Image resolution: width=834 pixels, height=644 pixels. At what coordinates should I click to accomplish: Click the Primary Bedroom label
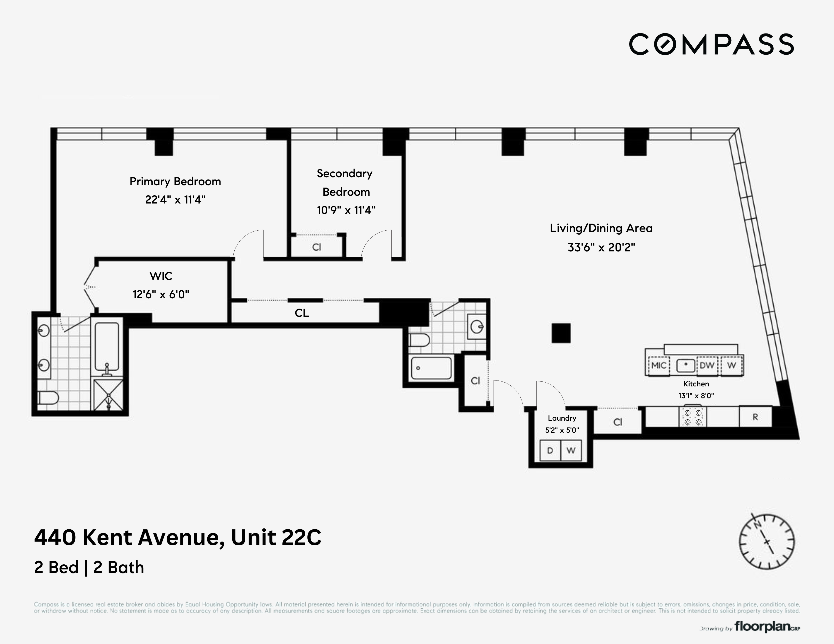pos(175,182)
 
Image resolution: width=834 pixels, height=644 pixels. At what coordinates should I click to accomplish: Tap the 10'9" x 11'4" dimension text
pos(346,210)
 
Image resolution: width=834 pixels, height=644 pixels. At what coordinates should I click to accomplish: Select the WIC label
pos(161,276)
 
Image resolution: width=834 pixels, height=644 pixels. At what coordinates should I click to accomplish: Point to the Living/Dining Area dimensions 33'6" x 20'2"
pos(601,248)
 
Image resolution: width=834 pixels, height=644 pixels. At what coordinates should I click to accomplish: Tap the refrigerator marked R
pos(755,417)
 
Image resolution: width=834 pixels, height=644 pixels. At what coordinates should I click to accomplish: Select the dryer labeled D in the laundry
pos(550,451)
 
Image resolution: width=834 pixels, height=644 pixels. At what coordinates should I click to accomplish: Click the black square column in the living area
pos(561,333)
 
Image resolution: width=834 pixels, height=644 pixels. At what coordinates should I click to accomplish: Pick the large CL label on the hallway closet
pos(302,313)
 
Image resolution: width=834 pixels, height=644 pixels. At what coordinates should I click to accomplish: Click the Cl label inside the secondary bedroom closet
pos(317,247)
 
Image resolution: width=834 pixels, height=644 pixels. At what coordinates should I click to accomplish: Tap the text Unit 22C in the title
pos(276,538)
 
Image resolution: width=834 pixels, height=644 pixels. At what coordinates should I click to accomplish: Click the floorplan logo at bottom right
pos(762,627)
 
